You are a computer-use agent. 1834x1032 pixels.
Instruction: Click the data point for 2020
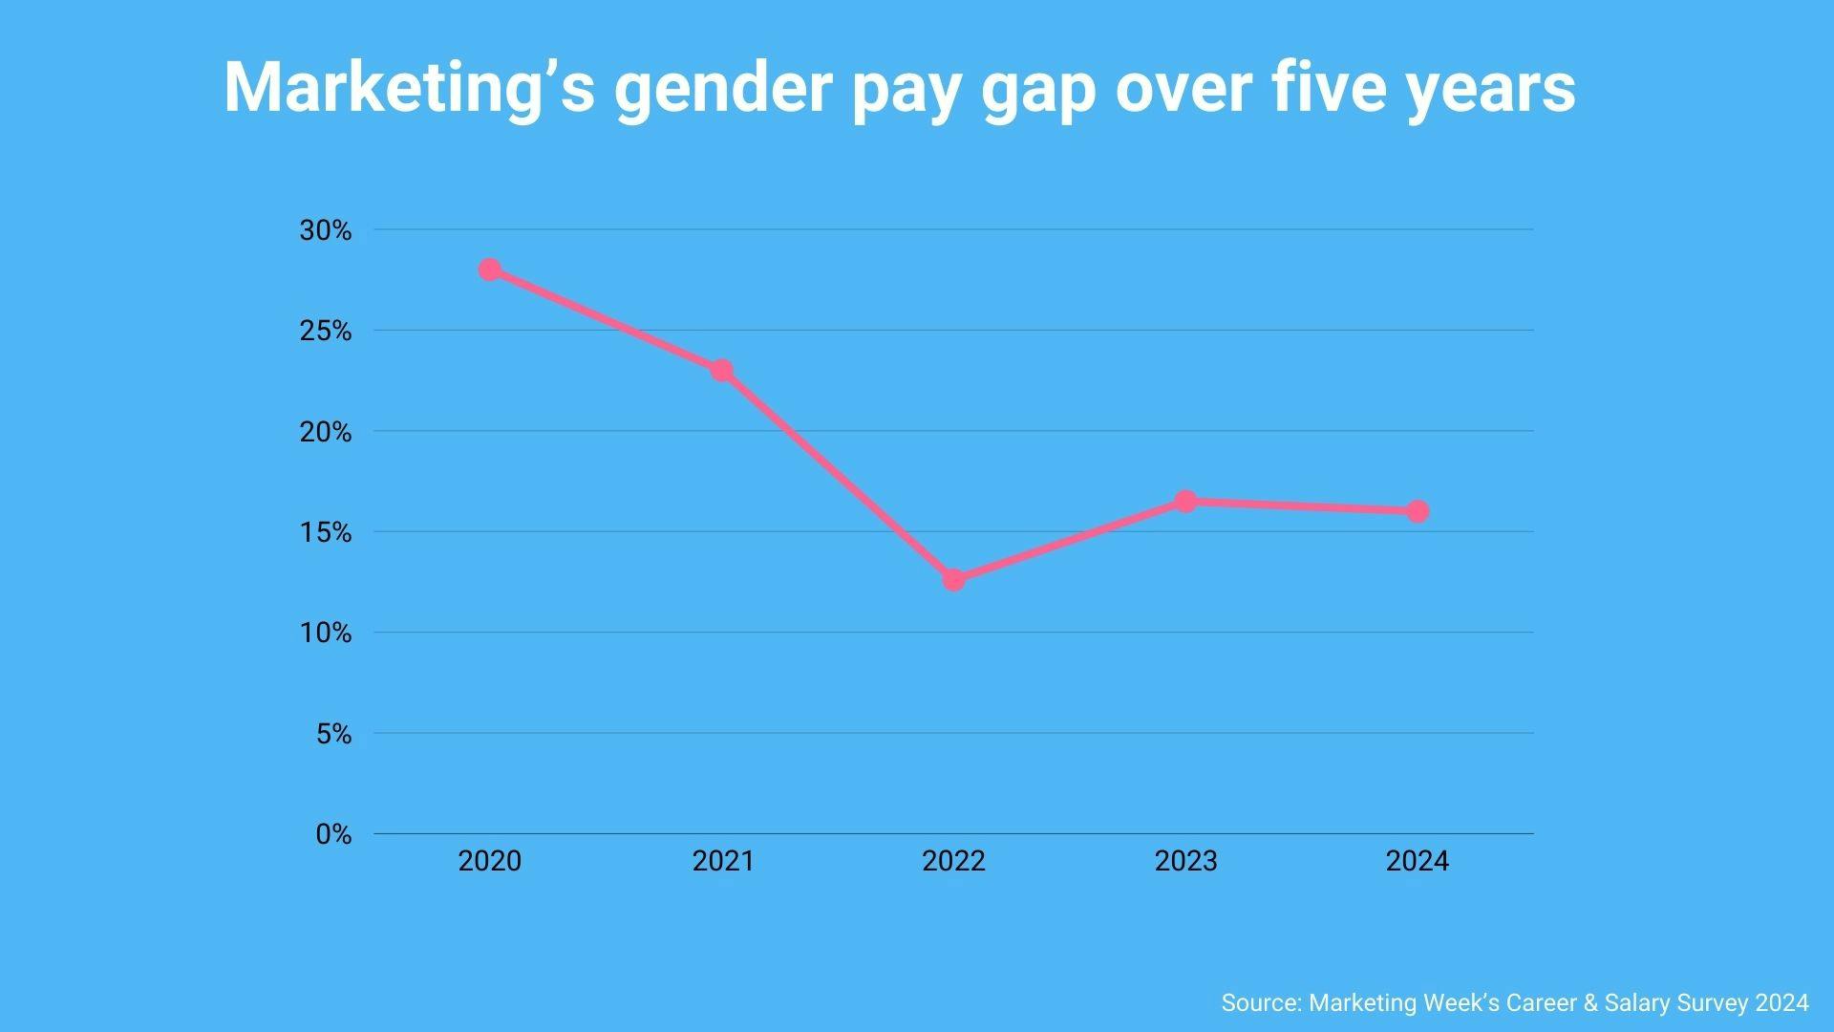[490, 269]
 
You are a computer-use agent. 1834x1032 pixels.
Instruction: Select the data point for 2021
[722, 370]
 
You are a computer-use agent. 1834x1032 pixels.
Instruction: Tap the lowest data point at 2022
[953, 580]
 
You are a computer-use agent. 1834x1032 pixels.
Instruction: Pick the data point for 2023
[1185, 502]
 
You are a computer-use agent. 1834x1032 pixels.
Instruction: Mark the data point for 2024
[1418, 511]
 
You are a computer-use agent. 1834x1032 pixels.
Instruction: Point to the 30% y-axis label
[326, 230]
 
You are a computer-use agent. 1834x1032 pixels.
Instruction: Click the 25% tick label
[326, 332]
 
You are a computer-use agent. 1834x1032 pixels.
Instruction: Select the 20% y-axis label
[326, 432]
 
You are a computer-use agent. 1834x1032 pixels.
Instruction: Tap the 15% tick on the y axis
[326, 532]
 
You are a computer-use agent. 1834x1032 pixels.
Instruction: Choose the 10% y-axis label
[326, 633]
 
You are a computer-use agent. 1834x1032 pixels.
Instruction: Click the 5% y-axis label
[333, 734]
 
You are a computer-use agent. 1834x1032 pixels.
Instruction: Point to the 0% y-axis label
[333, 834]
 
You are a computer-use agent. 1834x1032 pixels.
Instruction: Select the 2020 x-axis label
[490, 861]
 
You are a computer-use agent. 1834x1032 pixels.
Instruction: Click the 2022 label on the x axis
[953, 861]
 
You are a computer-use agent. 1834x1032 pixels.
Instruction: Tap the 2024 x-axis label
[1418, 861]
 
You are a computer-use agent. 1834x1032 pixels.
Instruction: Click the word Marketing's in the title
[410, 88]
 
